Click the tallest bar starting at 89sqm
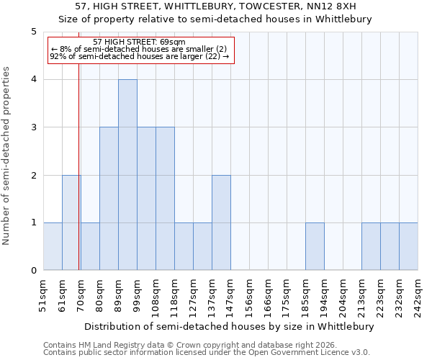(127, 175)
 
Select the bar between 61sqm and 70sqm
(71, 222)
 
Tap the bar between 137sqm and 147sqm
(221, 222)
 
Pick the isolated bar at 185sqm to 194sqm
(315, 246)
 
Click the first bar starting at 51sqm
(53, 246)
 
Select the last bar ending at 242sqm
(408, 246)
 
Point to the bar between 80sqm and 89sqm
(109, 199)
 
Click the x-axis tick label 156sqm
(249, 295)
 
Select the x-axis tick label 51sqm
(43, 295)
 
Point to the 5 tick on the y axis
(33, 32)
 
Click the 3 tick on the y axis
(33, 127)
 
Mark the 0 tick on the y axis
(33, 271)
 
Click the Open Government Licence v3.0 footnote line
(207, 353)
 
